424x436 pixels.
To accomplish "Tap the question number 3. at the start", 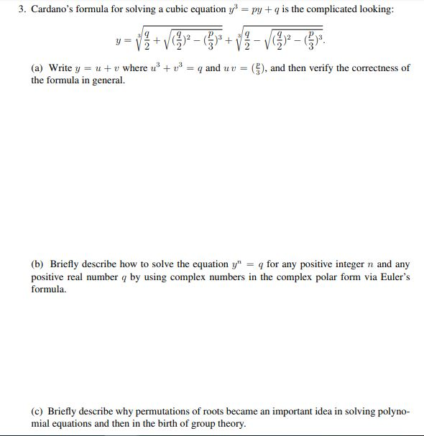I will point(22,9).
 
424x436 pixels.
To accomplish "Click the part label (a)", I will point(37,68).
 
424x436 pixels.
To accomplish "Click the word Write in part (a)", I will point(60,68).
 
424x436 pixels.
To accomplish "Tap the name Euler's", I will point(394,277).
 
